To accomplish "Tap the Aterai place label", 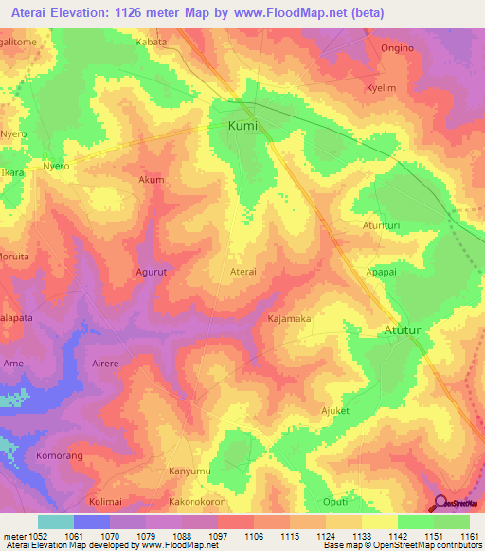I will [244, 271].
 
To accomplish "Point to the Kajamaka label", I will [289, 319].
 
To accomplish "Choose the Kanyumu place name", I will [175, 471].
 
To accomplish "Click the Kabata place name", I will [151, 43].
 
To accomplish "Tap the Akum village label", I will [152, 180].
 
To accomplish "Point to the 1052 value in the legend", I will [38, 536].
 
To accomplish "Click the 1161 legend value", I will [470, 536].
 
